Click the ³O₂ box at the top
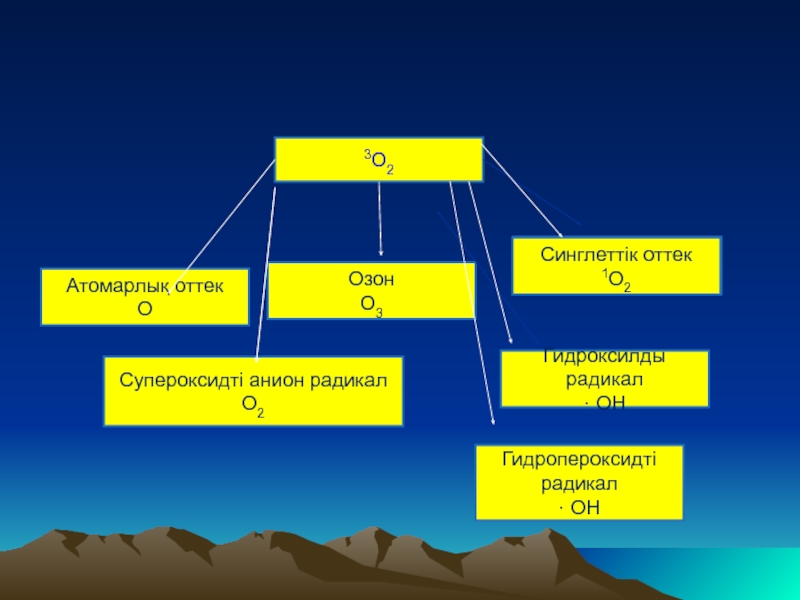tap(378, 160)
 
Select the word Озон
tap(372, 279)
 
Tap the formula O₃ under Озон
tap(372, 303)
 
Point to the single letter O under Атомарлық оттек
tap(144, 309)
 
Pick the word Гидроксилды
tap(604, 357)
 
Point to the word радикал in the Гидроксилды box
tap(604, 380)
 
